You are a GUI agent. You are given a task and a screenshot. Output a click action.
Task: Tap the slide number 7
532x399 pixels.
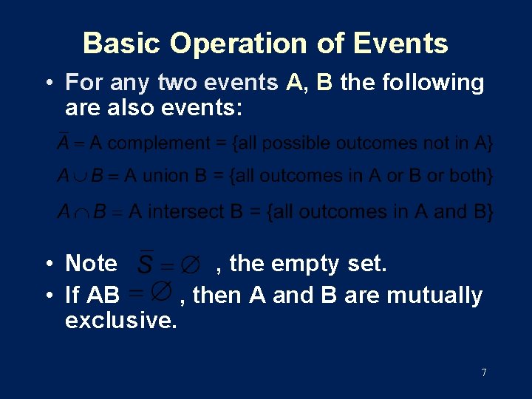(484, 372)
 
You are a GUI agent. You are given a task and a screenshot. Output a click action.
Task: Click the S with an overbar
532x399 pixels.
(147, 263)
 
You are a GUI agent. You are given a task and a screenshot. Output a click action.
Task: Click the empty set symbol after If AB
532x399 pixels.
(162, 293)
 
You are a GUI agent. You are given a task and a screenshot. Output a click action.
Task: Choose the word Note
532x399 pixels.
(91, 263)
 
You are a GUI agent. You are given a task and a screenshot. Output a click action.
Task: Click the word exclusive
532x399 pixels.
(120, 321)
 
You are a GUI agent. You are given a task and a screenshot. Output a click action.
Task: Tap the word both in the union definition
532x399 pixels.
(471, 177)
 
